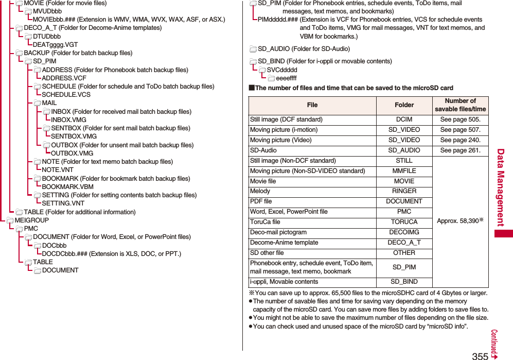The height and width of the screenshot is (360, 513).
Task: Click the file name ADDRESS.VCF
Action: tap(64, 78)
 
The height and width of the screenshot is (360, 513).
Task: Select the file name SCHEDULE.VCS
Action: tap(66, 95)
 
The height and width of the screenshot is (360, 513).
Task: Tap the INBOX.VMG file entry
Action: tap(68, 120)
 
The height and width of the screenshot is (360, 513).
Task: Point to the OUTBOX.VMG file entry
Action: tap(72, 153)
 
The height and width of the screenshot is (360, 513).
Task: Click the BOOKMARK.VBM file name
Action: tap(67, 187)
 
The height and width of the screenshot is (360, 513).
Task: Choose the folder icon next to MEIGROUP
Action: tap(10, 220)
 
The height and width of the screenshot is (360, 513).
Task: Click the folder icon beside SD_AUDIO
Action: tap(253, 49)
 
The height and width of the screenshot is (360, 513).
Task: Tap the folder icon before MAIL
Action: tap(38, 104)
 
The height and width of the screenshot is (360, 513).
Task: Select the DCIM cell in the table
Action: tap(404, 119)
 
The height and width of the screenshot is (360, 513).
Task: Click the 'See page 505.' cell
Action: tap(460, 119)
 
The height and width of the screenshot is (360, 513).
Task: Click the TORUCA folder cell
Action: tap(404, 222)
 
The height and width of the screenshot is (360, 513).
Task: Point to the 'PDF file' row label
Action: tap(261, 201)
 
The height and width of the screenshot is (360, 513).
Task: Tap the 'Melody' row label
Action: tap(260, 191)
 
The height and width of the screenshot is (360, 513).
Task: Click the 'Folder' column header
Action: tap(404, 105)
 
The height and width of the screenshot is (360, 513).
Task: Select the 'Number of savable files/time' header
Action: tap(460, 105)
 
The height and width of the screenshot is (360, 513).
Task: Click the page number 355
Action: tap(480, 356)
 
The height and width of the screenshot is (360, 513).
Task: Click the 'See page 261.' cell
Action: tap(460, 150)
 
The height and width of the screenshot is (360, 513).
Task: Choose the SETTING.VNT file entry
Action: tap(63, 203)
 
